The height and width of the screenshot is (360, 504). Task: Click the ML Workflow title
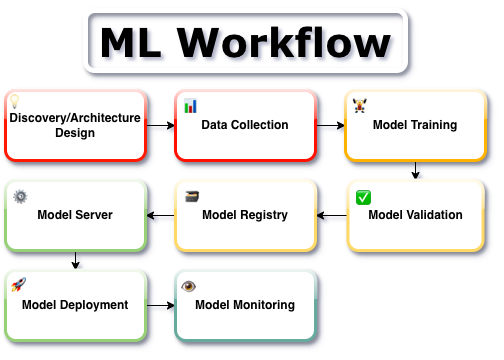(x=245, y=42)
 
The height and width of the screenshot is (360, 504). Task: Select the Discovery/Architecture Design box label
(x=75, y=125)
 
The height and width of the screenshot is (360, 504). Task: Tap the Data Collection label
(x=245, y=125)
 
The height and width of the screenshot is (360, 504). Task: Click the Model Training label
(x=415, y=125)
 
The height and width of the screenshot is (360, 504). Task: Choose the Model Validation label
(x=415, y=214)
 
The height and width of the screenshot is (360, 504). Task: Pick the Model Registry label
(x=245, y=214)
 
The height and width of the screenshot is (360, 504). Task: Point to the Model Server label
(x=75, y=214)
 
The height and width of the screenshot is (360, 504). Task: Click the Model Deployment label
(x=75, y=305)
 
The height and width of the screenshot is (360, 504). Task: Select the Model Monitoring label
(x=245, y=305)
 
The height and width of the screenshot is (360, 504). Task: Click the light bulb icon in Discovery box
(x=15, y=101)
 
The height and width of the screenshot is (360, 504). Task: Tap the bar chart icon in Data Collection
(x=190, y=104)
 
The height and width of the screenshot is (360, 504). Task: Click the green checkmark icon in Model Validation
(x=363, y=197)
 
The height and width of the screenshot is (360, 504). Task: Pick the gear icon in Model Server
(x=20, y=196)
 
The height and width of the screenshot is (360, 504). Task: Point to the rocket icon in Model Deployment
(x=18, y=286)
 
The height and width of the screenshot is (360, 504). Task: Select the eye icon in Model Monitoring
(x=188, y=286)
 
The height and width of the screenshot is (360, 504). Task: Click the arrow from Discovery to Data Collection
(x=160, y=125)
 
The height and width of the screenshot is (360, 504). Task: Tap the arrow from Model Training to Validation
(x=415, y=170)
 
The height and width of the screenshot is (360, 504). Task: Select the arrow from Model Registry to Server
(x=161, y=214)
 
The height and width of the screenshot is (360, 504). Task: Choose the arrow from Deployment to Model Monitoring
(x=160, y=305)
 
